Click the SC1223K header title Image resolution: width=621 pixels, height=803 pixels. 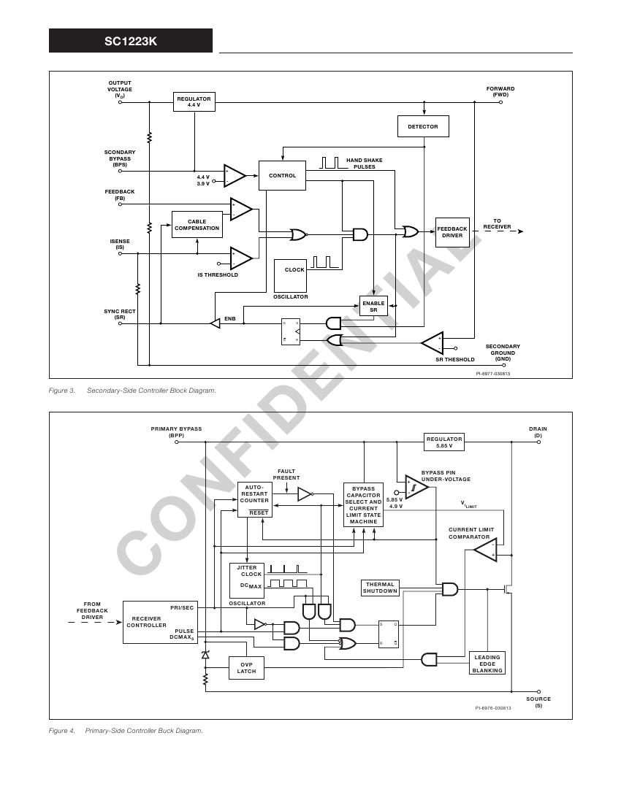(x=131, y=41)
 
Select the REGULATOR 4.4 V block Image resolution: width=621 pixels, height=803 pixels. (x=194, y=102)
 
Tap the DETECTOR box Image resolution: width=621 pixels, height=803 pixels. (x=423, y=126)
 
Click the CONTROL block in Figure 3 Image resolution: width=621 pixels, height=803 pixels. (x=282, y=176)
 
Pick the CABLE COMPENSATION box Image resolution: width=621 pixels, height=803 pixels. (x=197, y=225)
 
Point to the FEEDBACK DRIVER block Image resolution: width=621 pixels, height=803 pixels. (x=452, y=232)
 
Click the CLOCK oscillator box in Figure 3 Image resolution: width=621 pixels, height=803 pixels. (x=291, y=275)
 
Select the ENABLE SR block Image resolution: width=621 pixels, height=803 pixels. (x=373, y=307)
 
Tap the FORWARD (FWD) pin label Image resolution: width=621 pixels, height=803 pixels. (x=500, y=91)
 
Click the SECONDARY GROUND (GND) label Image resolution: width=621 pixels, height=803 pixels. (x=503, y=353)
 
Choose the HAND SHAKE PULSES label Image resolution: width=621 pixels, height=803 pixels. (x=364, y=164)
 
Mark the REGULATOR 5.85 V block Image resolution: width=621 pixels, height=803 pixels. (x=444, y=442)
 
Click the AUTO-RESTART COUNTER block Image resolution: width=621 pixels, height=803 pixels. (x=255, y=499)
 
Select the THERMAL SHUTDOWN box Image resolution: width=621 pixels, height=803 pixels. (x=380, y=588)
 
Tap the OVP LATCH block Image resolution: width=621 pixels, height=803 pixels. (x=246, y=668)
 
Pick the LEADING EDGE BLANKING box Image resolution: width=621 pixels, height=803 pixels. (x=487, y=664)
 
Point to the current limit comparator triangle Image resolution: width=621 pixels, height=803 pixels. (x=485, y=549)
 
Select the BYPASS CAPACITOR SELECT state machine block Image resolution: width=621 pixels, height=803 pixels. (x=363, y=504)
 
